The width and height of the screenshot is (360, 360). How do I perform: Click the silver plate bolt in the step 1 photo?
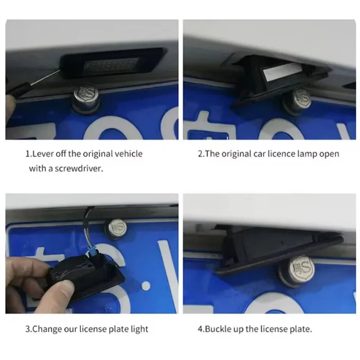coord(86,99)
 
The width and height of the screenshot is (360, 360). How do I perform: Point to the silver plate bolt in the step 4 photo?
coord(297,271)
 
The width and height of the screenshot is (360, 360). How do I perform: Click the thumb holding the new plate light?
coord(62,290)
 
